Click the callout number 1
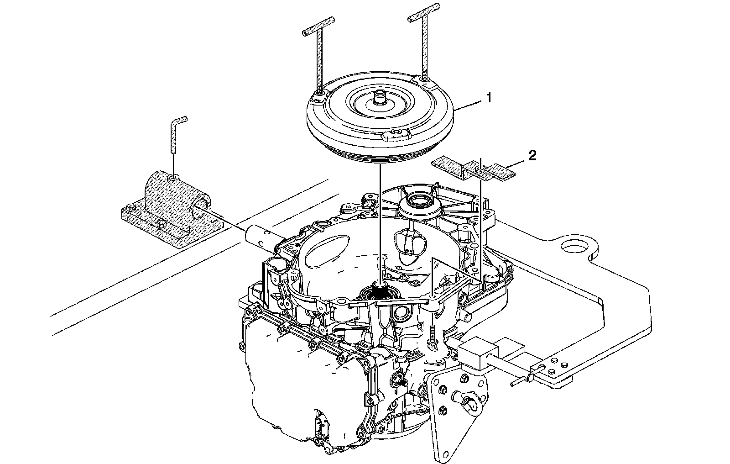(x=489, y=98)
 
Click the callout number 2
(x=532, y=155)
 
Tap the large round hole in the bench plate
(x=576, y=247)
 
